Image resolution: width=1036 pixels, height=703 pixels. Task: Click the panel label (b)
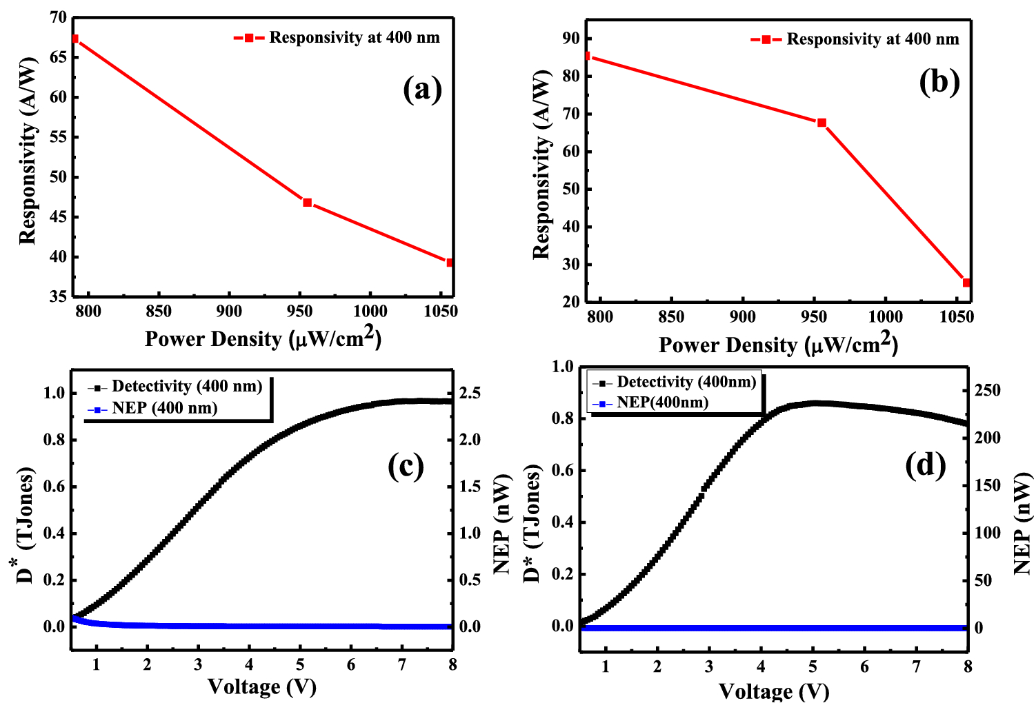coord(939,82)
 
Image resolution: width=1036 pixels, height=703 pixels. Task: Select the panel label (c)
coord(406,466)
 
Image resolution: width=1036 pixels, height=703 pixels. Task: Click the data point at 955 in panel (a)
coord(308,203)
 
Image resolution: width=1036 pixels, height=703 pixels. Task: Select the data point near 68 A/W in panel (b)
coord(821,123)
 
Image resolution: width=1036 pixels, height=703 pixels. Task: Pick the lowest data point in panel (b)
coord(966,283)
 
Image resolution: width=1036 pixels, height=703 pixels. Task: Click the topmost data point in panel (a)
coord(75,39)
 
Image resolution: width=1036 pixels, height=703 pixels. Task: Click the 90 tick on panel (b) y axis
coord(572,39)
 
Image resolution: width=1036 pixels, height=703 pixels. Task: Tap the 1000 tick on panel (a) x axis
coord(370,312)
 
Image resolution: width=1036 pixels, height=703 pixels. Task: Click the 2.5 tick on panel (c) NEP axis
coord(470,394)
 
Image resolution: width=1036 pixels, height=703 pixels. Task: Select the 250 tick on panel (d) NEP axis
coord(986,391)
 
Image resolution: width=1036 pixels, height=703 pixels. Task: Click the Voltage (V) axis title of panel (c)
coord(262,686)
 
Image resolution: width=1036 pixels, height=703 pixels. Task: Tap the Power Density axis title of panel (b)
coord(778,344)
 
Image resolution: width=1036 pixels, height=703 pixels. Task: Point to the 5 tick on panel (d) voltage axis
coord(813,667)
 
